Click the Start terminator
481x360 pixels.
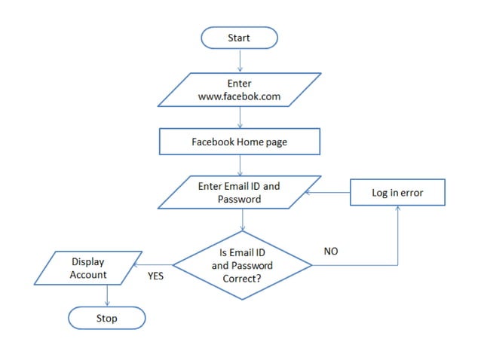(239, 38)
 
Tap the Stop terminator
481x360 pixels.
(106, 319)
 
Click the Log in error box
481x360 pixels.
(397, 193)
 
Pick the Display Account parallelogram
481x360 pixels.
(88, 268)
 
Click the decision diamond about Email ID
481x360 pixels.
(242, 265)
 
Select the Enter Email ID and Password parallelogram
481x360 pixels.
(239, 193)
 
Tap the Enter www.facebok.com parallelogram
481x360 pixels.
(239, 90)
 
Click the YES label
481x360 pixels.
(155, 276)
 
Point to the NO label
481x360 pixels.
(330, 252)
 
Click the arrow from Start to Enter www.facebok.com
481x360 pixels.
(239, 60)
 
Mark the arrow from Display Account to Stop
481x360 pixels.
(106, 297)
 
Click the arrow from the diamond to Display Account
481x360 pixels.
(152, 264)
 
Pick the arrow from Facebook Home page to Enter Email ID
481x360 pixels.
(240, 164)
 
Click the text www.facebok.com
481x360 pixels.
(239, 97)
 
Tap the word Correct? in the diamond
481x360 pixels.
(242, 277)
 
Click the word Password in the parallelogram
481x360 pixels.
(239, 200)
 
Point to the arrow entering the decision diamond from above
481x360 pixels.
(242, 220)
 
